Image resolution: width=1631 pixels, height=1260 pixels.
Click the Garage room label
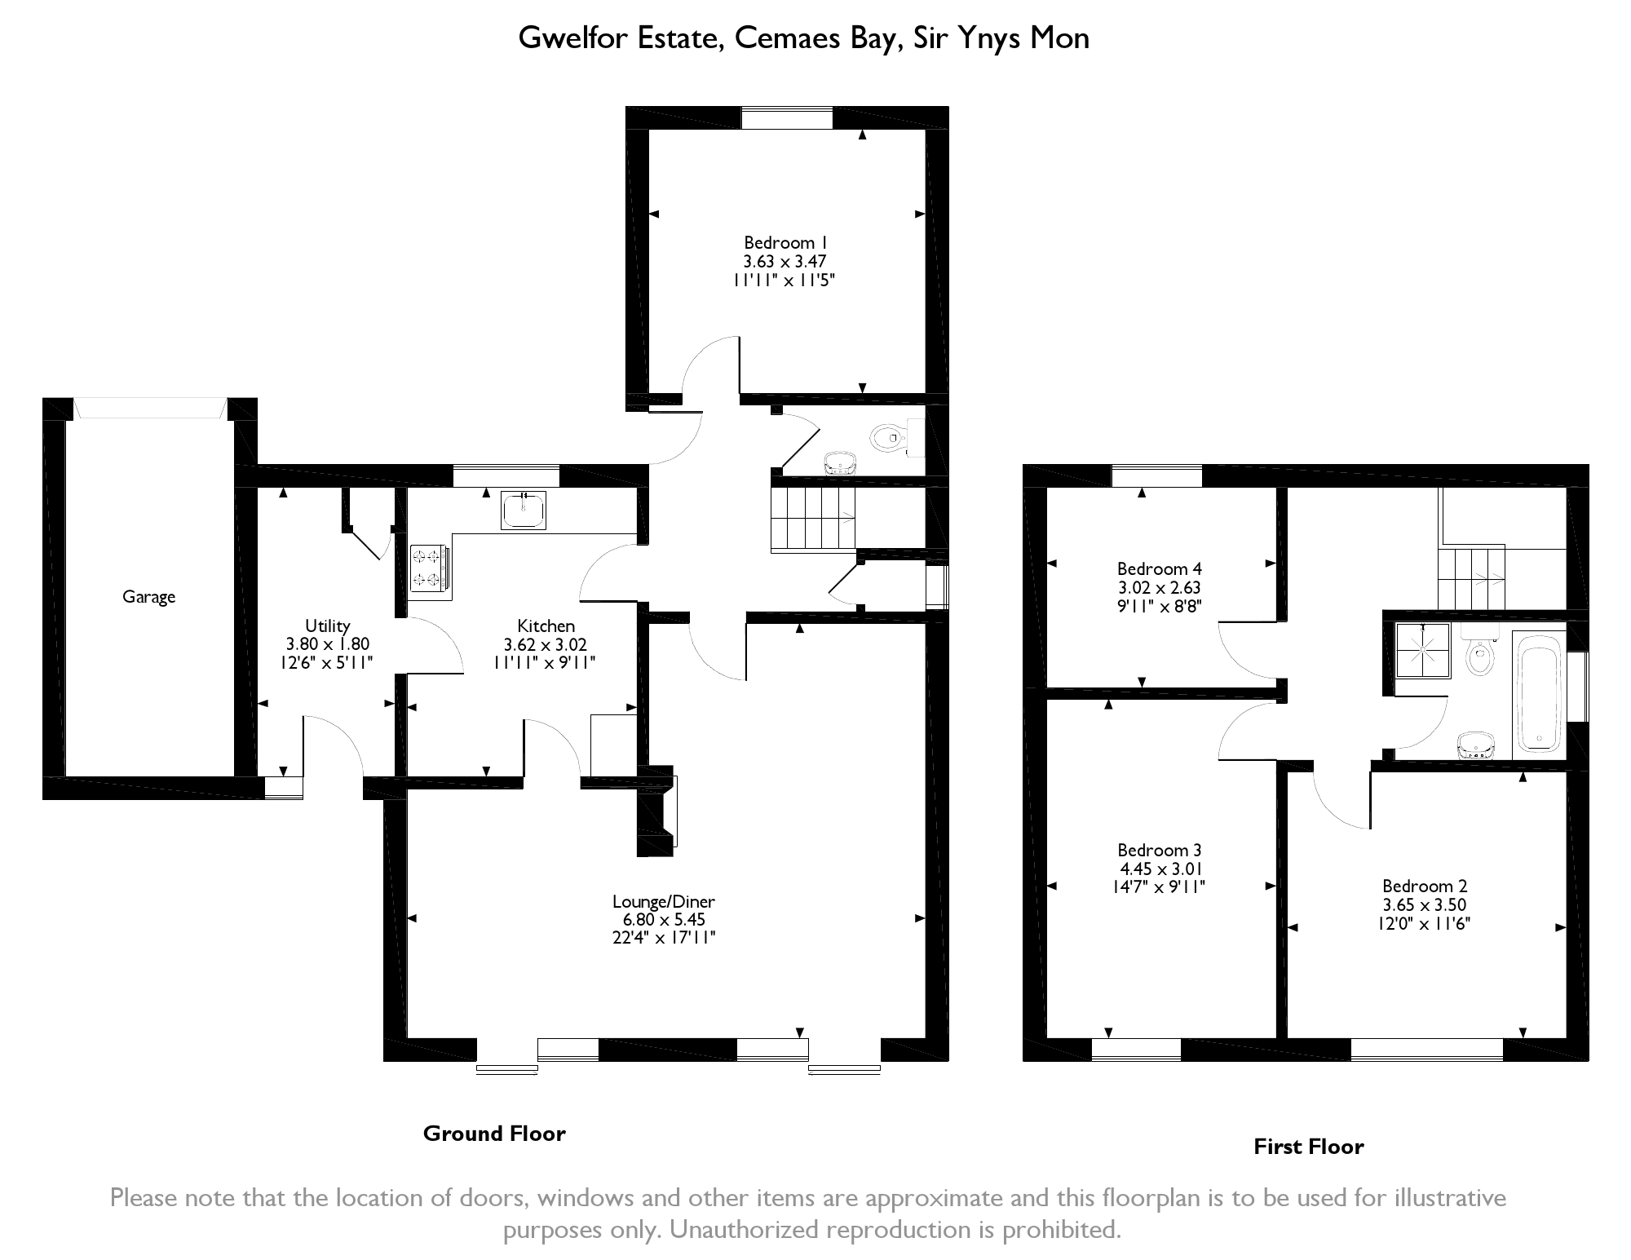148,597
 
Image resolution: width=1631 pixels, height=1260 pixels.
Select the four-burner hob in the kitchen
429,567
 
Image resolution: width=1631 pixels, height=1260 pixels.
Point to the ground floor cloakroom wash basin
840,463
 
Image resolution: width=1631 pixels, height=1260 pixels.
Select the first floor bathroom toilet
1479,650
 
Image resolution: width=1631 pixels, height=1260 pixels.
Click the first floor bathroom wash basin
1477,745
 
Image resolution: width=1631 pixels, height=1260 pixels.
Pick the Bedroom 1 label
785,242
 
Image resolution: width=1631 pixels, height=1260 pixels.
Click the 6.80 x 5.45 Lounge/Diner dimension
664,919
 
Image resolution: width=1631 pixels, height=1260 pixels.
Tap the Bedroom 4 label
1159,568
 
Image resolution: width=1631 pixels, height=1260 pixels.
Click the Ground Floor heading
494,1134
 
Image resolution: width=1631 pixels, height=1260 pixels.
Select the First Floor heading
1308,1147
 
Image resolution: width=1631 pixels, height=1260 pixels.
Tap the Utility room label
328,626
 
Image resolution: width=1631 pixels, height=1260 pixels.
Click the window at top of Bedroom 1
786,117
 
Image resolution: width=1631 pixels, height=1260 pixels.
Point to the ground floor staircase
813,519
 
